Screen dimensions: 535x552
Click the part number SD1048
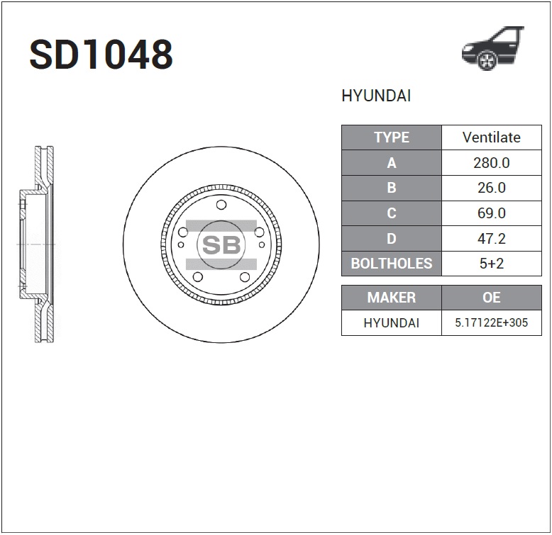(101, 55)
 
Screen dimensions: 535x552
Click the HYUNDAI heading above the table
(376, 96)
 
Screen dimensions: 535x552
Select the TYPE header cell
(391, 137)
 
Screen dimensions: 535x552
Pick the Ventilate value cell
(491, 137)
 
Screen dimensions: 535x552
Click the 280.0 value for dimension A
(491, 163)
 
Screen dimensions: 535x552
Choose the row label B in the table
(391, 188)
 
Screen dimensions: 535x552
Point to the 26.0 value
(491, 188)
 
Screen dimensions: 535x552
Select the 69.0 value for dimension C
(491, 213)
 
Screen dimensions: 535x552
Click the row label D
(391, 239)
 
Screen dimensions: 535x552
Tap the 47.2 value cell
(491, 239)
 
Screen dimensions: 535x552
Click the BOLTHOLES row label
(391, 264)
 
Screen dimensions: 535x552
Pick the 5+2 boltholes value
(491, 264)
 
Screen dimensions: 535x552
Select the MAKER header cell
(391, 298)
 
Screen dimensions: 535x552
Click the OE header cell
(491, 298)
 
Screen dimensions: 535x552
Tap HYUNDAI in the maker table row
(391, 323)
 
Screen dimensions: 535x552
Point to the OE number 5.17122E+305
(491, 323)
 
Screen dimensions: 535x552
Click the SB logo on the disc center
(221, 245)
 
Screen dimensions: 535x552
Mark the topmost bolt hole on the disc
(221, 205)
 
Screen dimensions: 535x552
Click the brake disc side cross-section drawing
(39, 244)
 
